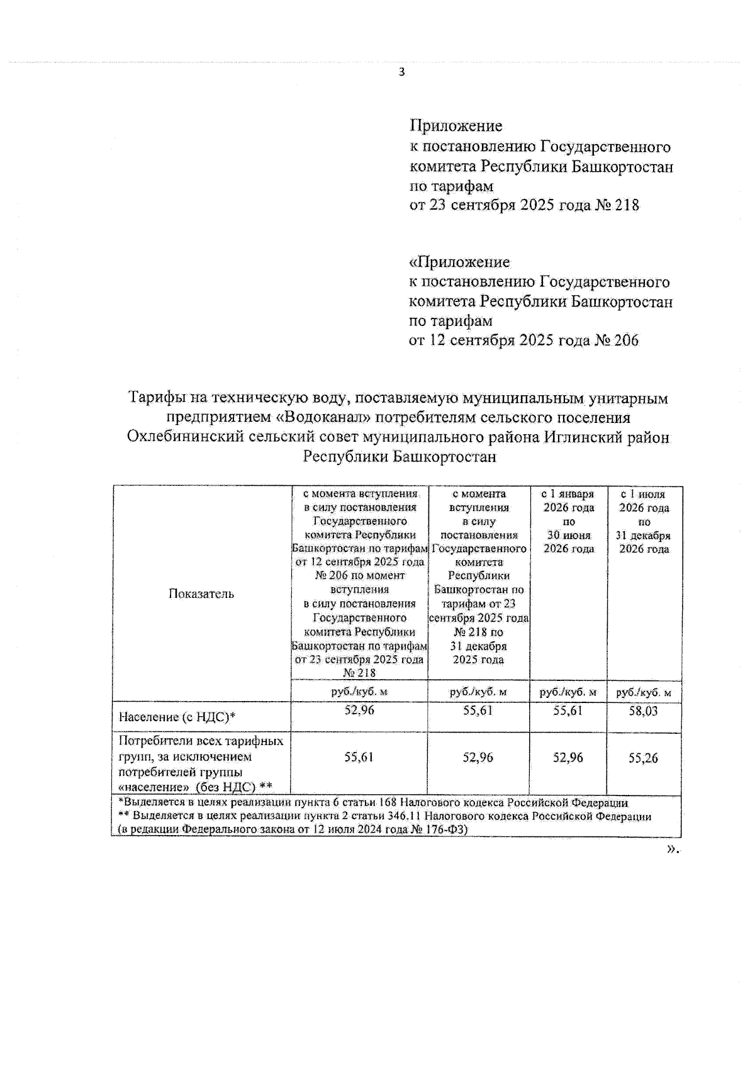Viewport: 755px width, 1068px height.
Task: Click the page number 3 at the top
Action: [x=402, y=72]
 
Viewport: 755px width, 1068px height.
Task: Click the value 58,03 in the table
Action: [x=643, y=711]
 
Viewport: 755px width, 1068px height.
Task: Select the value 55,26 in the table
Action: [x=643, y=758]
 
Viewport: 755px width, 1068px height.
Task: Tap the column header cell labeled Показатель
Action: [x=201, y=593]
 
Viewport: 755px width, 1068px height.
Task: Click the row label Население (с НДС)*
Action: [x=177, y=716]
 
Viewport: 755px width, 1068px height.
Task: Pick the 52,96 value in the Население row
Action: [x=359, y=711]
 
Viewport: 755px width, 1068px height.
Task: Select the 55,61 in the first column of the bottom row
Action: [x=359, y=757]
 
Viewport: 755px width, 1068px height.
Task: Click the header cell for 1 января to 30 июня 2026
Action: [x=568, y=522]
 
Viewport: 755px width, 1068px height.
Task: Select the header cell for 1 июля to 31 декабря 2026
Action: [x=644, y=522]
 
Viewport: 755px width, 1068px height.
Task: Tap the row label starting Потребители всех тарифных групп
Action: [x=201, y=763]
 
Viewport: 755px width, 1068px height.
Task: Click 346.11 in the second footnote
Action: [x=409, y=816]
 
